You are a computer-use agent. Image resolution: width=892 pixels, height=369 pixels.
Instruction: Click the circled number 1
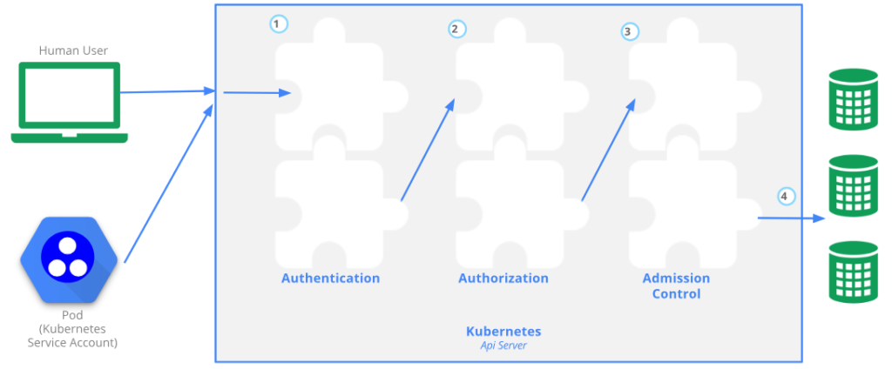[x=278, y=24]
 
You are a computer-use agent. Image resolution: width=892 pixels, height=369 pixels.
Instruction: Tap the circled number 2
[x=456, y=29]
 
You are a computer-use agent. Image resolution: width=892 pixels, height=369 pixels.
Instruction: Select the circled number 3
[x=630, y=31]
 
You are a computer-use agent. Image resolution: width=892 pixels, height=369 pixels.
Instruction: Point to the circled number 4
[x=787, y=197]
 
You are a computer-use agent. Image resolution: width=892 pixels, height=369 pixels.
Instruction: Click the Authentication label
[x=330, y=278]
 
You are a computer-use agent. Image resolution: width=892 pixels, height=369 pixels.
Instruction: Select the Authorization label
[x=503, y=278]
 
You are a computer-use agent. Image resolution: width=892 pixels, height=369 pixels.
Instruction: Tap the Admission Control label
[x=676, y=286]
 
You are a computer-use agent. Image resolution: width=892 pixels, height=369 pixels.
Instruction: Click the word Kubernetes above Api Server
[x=503, y=332]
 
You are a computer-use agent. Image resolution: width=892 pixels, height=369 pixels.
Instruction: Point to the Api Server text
[x=503, y=346]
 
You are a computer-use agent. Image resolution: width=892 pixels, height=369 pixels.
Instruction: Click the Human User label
[x=73, y=50]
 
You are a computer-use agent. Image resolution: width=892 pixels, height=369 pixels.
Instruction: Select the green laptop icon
[x=70, y=103]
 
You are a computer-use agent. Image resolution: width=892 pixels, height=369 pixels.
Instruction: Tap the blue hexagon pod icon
[x=69, y=258]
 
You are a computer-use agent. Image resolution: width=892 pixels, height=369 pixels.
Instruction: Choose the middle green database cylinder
[x=854, y=186]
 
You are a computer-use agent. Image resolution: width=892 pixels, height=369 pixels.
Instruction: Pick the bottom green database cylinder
[x=854, y=272]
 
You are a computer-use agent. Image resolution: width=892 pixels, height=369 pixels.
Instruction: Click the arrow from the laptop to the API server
[x=167, y=91]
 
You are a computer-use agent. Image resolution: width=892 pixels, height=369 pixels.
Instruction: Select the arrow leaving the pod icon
[x=168, y=183]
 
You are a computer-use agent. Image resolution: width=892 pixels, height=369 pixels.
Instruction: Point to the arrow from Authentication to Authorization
[x=428, y=150]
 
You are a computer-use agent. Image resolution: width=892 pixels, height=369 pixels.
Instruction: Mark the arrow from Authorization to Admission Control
[x=608, y=150]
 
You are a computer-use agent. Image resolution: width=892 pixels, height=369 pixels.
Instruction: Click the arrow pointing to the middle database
[x=792, y=218]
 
